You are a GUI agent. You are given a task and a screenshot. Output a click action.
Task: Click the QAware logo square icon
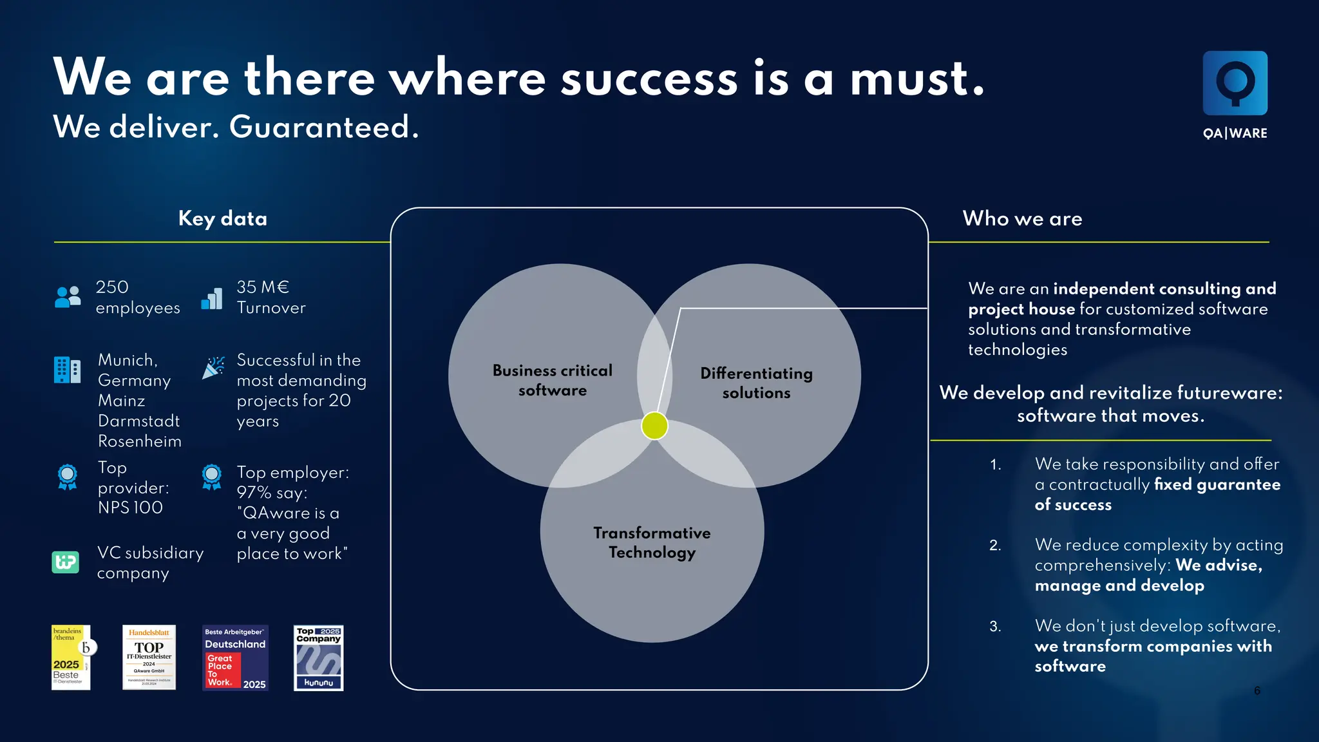coord(1235,83)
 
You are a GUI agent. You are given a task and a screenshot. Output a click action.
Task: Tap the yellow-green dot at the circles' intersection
coord(654,426)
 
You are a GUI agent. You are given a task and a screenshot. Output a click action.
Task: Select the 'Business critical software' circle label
coord(553,380)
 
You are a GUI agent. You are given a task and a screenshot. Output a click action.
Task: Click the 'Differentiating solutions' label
coord(756,383)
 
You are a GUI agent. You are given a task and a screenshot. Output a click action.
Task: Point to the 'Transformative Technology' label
coord(652,542)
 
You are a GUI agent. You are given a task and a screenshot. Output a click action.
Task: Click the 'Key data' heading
coord(222,218)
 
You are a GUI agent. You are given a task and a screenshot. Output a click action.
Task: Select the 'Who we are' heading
coord(1022,218)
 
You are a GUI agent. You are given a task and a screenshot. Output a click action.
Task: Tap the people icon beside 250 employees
coord(68,297)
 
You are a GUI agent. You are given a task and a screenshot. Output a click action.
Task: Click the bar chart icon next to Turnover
coord(212,298)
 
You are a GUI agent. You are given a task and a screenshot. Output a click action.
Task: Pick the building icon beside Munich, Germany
coord(67,370)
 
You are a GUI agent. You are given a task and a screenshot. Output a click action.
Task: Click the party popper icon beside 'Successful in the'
coord(213,367)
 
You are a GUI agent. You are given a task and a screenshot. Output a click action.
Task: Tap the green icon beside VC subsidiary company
coord(65,562)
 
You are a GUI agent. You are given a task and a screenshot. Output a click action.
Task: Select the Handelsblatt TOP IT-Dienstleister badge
coord(149,658)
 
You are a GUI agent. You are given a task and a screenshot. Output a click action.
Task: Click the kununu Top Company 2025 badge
coord(318,658)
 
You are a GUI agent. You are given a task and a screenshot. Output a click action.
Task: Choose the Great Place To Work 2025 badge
coord(235,658)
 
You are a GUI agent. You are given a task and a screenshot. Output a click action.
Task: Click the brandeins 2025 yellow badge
coord(71,658)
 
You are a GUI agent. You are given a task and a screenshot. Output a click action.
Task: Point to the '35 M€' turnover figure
coord(263,287)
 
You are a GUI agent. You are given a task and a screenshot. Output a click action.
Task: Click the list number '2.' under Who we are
coord(995,546)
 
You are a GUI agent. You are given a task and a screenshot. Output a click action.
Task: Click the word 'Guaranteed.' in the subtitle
coord(324,127)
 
